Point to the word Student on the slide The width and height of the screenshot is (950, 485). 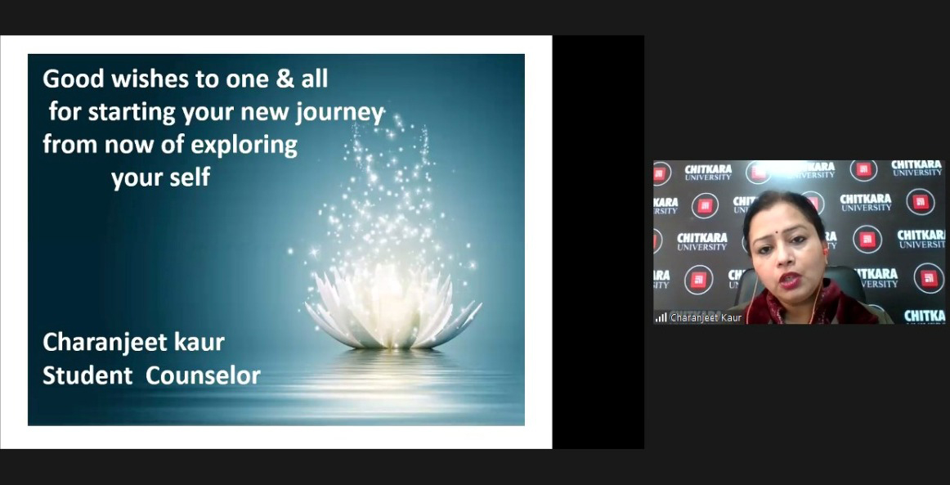tap(87, 375)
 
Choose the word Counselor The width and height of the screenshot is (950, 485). tap(203, 375)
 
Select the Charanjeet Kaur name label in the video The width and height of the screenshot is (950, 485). tap(706, 317)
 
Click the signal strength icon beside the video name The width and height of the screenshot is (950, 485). tap(661, 317)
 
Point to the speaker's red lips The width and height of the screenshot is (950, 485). tap(789, 280)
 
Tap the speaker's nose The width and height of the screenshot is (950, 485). tap(787, 261)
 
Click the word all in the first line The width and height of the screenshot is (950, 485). tap(315, 79)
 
